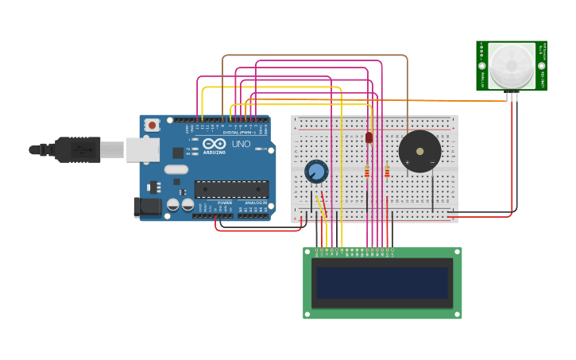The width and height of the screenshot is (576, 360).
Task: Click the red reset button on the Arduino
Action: click(152, 125)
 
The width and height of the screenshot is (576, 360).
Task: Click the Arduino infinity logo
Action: click(214, 144)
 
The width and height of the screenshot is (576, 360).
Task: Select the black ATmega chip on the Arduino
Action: click(231, 189)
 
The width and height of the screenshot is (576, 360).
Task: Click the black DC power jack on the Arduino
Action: click(147, 207)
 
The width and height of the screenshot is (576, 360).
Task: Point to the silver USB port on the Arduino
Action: click(142, 149)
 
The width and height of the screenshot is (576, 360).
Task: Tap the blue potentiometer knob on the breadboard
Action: click(316, 171)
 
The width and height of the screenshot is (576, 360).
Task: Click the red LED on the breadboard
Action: click(369, 137)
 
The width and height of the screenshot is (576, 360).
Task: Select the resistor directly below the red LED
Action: click(367, 171)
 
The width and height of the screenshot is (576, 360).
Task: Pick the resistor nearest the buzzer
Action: click(387, 171)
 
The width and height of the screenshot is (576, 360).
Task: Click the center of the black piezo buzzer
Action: click(419, 151)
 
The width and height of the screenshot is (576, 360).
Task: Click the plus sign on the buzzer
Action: click(408, 162)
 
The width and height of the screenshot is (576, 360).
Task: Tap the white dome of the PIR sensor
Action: click(511, 66)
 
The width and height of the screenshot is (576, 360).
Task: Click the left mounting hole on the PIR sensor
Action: click(481, 66)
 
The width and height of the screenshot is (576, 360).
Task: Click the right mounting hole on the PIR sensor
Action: click(541, 66)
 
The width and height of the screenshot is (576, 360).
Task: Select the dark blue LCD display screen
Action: click(382, 283)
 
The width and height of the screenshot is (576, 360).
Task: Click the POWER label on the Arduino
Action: click(225, 203)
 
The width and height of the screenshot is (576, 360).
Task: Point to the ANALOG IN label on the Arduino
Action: click(256, 203)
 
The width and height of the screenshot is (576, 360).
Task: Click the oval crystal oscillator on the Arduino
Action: click(176, 169)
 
